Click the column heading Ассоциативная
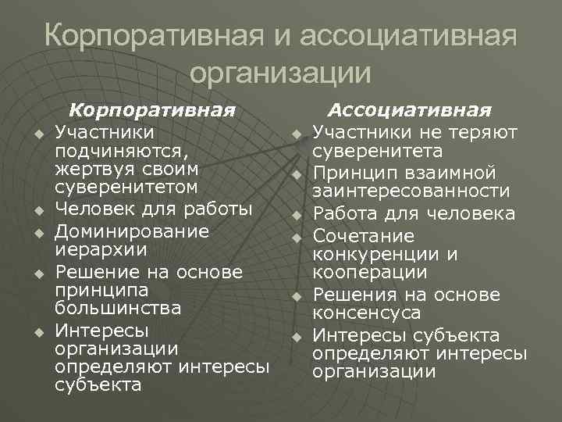pyautogui.click(x=409, y=110)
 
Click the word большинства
pyautogui.click(x=118, y=308)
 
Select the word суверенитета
pyautogui.click(x=377, y=151)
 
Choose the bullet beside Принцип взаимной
pyautogui.click(x=297, y=173)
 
